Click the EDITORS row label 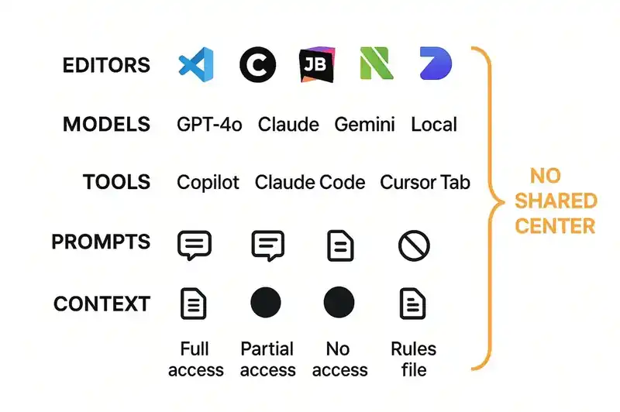point(106,65)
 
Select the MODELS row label point(106,124)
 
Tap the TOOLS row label point(116,183)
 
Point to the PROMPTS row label point(101,242)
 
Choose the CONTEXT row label point(102,304)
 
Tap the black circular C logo point(257,65)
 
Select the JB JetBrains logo point(316,65)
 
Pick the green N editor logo point(376,65)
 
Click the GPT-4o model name point(209,125)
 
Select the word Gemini point(365,125)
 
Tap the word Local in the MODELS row point(434,125)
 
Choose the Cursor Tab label point(425,183)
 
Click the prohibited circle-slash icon point(413,246)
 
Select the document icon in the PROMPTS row point(339,246)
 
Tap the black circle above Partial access point(266,302)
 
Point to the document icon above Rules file point(413,304)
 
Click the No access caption point(339,359)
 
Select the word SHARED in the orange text point(556,201)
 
